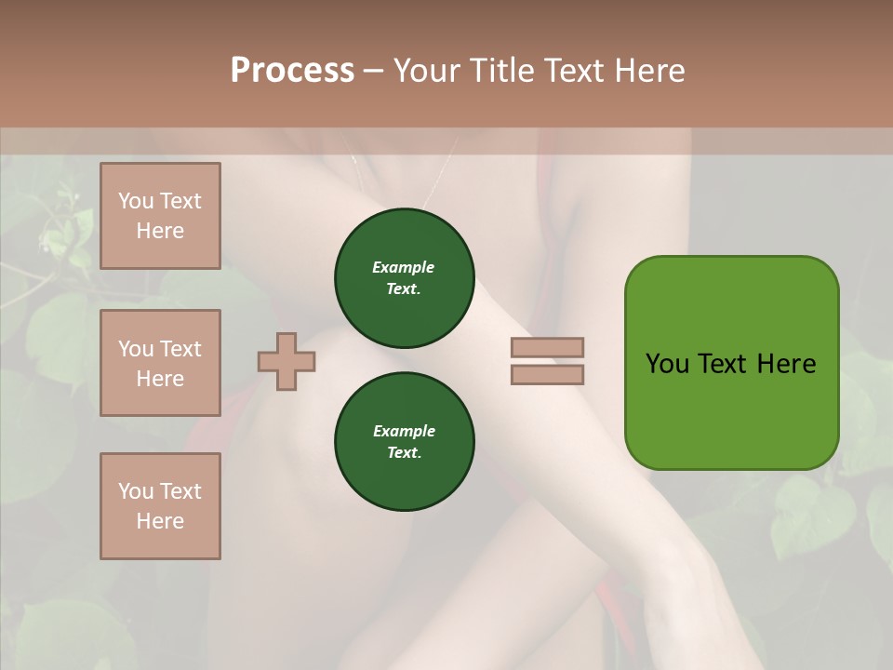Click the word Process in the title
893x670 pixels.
292,71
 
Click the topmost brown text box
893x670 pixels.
160,216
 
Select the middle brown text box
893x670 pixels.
160,363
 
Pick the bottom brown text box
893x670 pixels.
160,506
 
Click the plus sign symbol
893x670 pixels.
287,360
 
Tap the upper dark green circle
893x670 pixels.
405,278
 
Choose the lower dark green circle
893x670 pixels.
405,442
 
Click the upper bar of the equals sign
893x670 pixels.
547,347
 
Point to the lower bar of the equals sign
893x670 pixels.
547,374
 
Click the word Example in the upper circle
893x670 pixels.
404,268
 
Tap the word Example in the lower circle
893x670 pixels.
404,432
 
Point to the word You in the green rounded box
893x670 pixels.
667,364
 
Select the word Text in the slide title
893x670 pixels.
571,71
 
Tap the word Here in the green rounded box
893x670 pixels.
786,364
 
